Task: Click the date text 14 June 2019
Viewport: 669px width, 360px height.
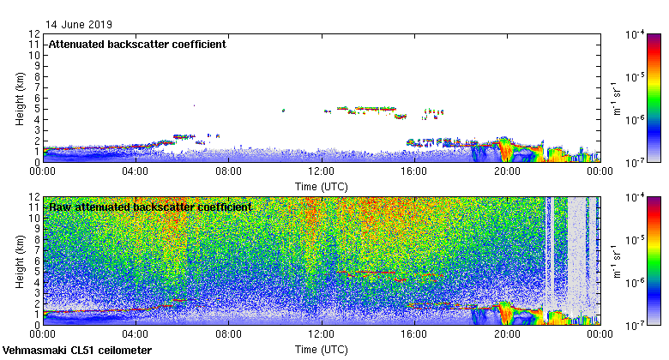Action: [x=78, y=25]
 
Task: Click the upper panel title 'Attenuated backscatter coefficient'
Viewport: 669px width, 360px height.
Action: [x=137, y=45]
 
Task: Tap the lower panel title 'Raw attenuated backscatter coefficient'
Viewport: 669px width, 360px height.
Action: [x=150, y=207]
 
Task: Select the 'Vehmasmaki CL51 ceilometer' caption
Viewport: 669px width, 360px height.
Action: [x=77, y=351]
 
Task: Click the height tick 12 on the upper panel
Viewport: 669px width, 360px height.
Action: [x=35, y=34]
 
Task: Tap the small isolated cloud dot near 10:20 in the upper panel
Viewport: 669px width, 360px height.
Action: [x=283, y=111]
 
